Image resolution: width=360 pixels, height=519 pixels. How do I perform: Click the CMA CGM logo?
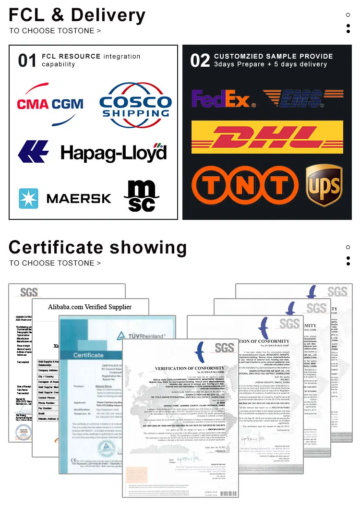click(50, 103)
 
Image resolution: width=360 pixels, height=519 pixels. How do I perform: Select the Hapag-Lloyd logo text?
click(113, 153)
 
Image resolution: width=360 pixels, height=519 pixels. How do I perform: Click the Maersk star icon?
click(28, 198)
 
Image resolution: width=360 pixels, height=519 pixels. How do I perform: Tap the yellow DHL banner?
click(267, 137)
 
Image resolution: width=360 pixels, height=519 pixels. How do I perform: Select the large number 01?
click(27, 61)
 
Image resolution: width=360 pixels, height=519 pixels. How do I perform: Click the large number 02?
click(200, 61)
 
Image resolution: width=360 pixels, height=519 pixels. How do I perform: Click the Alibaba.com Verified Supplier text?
click(90, 307)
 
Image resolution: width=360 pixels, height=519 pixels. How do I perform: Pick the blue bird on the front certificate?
click(201, 352)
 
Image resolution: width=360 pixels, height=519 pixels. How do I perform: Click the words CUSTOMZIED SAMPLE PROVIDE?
click(274, 56)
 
